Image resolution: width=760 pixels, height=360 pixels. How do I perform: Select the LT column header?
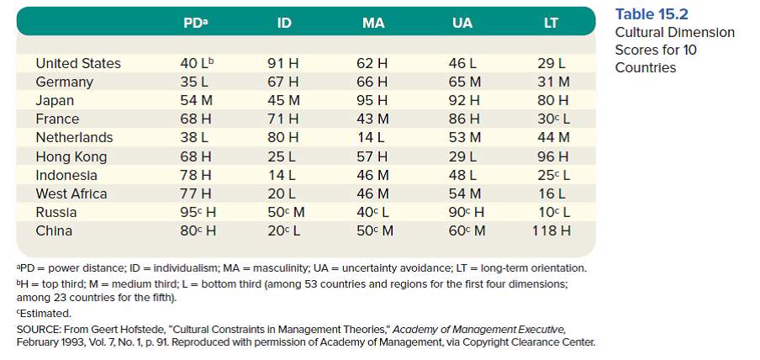click(552, 23)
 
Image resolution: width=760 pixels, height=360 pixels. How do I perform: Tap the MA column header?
click(372, 23)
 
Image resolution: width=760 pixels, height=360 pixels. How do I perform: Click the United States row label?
click(78, 63)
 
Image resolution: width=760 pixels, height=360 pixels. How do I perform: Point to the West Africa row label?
click(71, 193)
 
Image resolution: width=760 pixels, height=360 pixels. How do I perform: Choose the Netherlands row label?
click(74, 137)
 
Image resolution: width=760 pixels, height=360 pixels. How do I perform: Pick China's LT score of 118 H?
click(552, 230)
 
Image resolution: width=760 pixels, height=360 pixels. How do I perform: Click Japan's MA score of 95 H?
click(372, 100)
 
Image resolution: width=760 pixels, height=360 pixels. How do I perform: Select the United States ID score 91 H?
click(283, 63)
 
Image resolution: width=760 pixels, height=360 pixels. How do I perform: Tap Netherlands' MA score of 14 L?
click(372, 137)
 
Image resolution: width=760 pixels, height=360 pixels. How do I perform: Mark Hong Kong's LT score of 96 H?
click(552, 156)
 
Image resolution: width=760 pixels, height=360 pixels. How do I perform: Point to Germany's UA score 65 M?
click(462, 82)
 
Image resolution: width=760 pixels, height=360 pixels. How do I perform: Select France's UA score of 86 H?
click(462, 119)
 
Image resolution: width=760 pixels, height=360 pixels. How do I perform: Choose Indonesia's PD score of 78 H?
click(195, 175)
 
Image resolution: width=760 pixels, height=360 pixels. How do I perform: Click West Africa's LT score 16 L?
click(552, 193)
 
